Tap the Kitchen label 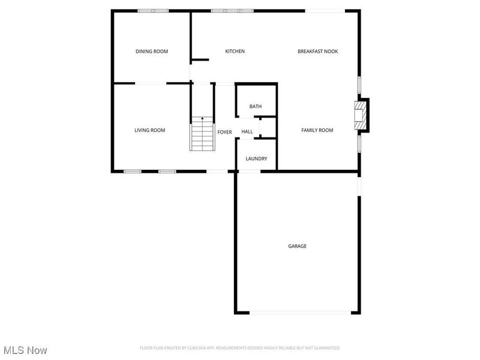point(235,52)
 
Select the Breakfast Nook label point(317,52)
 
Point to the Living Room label point(149,130)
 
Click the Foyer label point(224,132)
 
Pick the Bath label point(256,107)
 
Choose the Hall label point(247,132)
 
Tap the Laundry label point(256,159)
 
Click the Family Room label point(317,130)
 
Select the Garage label point(297,246)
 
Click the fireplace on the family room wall point(360,115)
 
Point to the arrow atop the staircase point(202,119)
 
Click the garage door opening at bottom point(301,312)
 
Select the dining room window point(152,11)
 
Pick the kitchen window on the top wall point(232,11)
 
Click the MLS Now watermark point(25,350)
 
